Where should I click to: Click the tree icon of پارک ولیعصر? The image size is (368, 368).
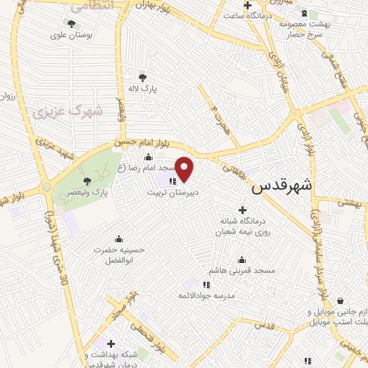pos(87,181)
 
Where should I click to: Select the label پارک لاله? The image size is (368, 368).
pos(144,88)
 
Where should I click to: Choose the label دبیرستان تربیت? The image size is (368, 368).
pos(172,193)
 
